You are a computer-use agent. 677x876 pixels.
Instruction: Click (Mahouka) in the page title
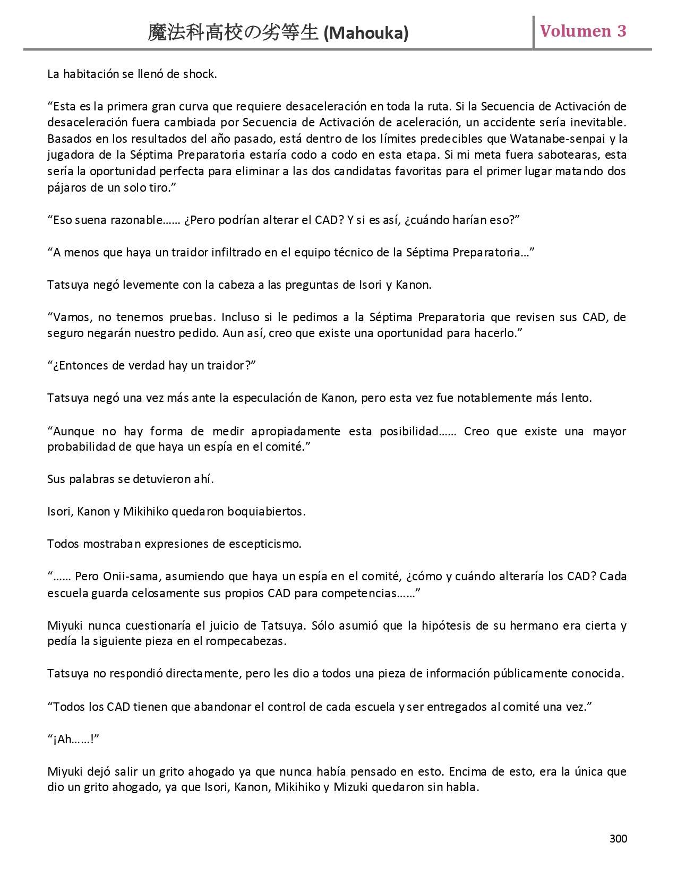coord(366,33)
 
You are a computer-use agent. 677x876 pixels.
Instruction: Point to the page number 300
coord(618,838)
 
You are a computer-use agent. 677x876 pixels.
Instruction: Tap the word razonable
coord(139,220)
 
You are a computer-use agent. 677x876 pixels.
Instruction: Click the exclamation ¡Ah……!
coord(73,739)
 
